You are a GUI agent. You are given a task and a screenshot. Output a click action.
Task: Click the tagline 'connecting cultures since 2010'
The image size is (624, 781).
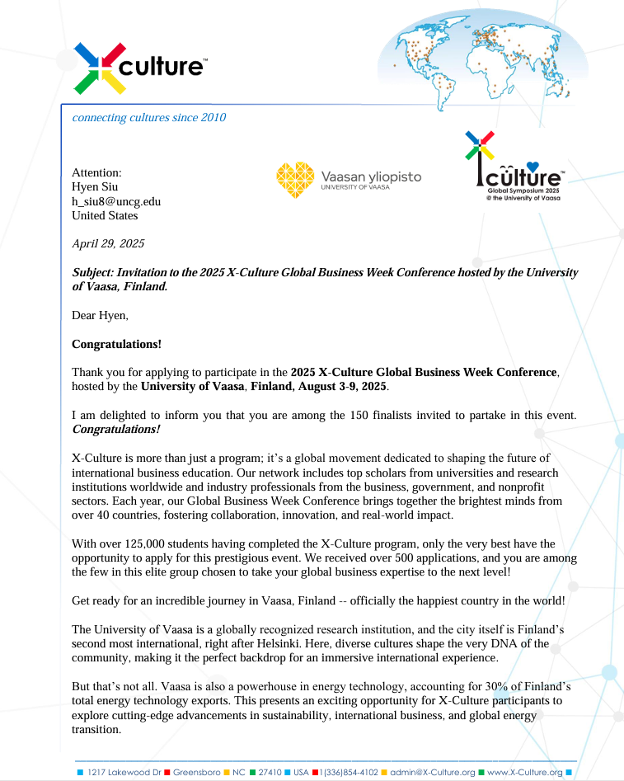click(149, 117)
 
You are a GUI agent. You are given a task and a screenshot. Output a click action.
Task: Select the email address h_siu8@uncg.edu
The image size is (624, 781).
click(116, 201)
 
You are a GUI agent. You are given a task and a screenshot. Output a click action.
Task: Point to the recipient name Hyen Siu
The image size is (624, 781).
click(95, 187)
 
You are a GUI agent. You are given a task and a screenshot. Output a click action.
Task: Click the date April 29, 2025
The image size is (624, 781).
click(108, 243)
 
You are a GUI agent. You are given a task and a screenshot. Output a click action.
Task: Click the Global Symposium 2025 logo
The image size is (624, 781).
click(512, 169)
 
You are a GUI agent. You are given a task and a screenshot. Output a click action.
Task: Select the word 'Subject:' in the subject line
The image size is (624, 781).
click(93, 272)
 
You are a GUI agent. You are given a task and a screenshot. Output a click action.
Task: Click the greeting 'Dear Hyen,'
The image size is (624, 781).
click(101, 315)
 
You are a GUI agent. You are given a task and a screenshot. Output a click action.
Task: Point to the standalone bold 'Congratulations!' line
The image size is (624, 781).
click(116, 344)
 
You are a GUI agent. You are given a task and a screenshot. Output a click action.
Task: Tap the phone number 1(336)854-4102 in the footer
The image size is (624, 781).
click(349, 772)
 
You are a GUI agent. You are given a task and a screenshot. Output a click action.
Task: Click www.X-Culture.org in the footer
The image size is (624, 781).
click(524, 772)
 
